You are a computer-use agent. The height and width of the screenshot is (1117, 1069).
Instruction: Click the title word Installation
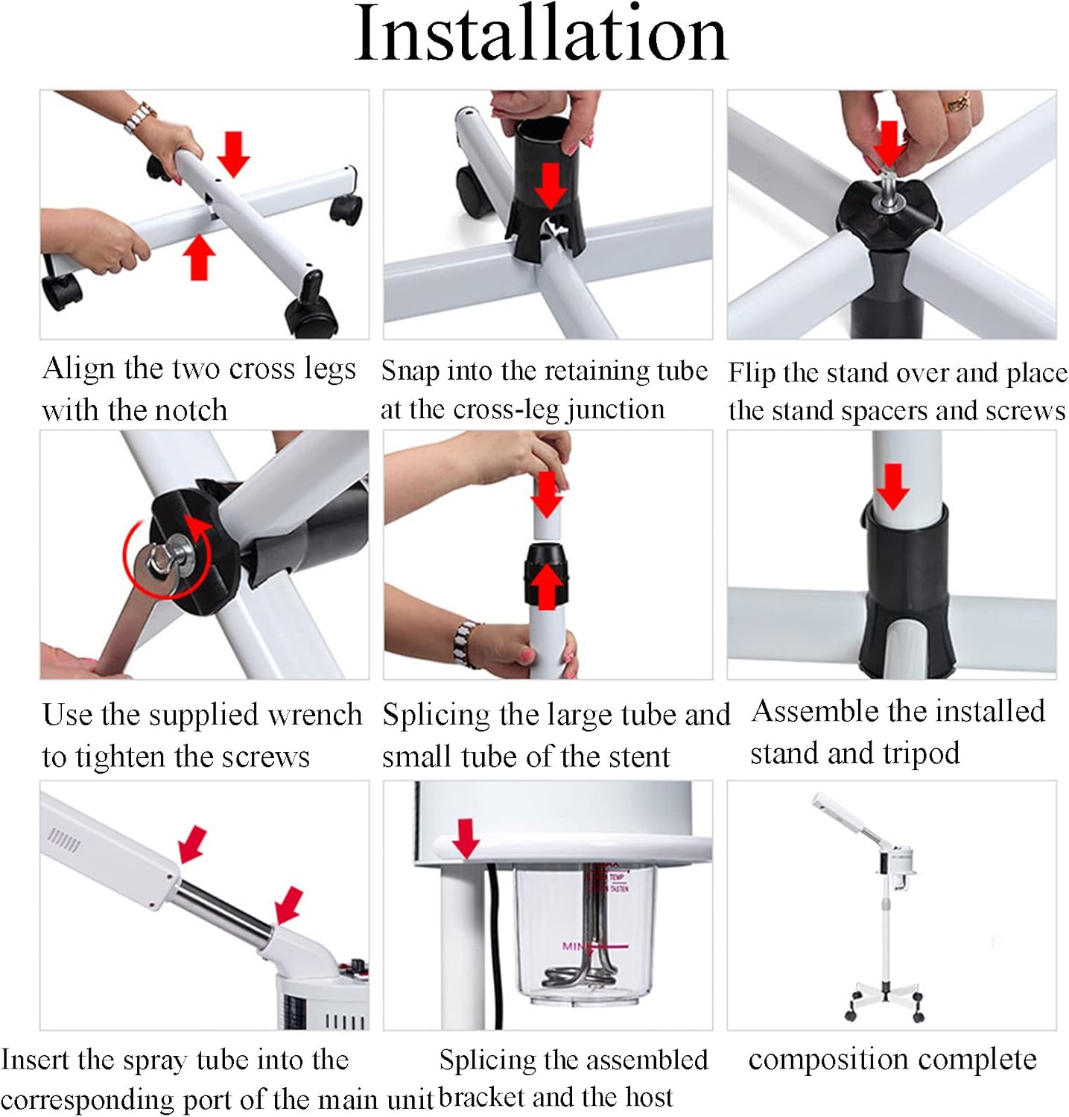(541, 35)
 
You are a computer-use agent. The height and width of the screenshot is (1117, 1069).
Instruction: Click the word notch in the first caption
(188, 410)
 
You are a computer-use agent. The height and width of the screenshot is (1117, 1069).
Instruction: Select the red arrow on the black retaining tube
(551, 185)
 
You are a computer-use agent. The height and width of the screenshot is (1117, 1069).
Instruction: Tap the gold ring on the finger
(957, 103)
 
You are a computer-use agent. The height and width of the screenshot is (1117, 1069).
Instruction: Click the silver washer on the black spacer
(889, 203)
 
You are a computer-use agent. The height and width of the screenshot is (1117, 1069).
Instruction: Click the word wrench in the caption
(314, 715)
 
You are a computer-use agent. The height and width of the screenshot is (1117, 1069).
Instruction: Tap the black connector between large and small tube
(547, 573)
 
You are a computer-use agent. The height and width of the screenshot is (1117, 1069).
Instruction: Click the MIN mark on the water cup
(573, 946)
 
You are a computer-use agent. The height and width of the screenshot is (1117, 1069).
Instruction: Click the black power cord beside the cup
(493, 946)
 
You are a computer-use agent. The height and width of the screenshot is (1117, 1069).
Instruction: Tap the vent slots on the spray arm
(64, 841)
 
